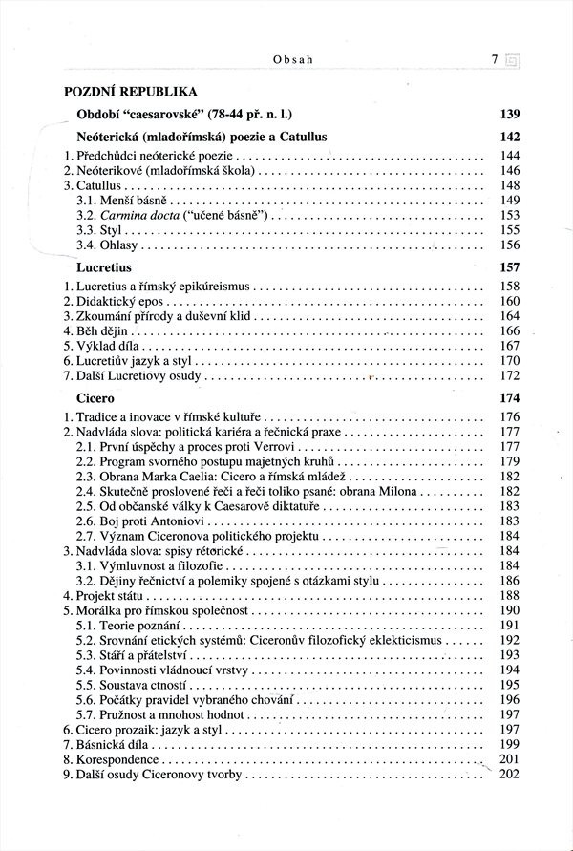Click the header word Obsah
293,59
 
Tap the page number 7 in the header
495,59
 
